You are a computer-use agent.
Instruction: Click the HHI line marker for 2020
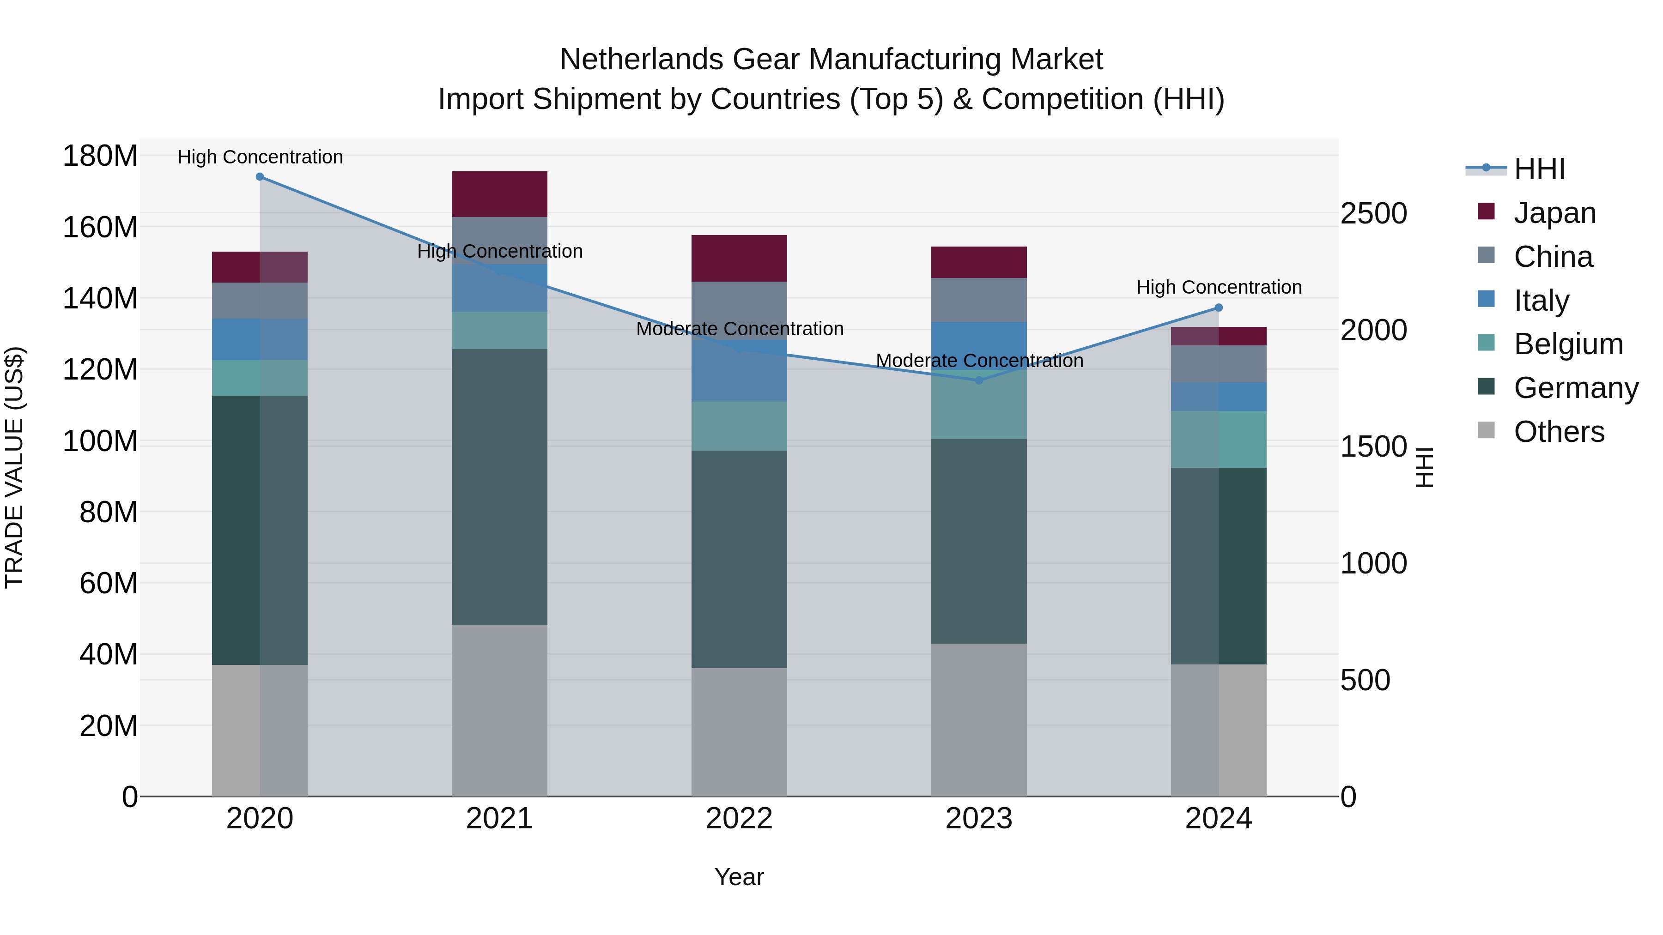(x=260, y=177)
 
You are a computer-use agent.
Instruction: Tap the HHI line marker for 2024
(x=1218, y=308)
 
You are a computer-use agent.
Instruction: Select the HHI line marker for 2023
(x=979, y=381)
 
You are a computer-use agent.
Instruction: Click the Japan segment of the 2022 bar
(x=739, y=258)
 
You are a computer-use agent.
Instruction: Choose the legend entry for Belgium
(x=1567, y=344)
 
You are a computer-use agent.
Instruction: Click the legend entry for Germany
(x=1575, y=388)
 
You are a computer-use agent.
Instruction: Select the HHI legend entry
(x=1538, y=169)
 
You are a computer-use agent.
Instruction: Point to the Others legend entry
(x=1559, y=432)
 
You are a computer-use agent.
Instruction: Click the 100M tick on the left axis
(x=100, y=441)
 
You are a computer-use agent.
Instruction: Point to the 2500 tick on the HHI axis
(x=1374, y=214)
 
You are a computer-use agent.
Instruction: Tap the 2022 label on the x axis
(x=739, y=819)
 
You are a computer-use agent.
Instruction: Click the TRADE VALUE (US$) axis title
(x=14, y=467)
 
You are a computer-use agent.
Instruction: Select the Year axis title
(x=739, y=877)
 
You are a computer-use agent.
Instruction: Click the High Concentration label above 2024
(x=1219, y=287)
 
